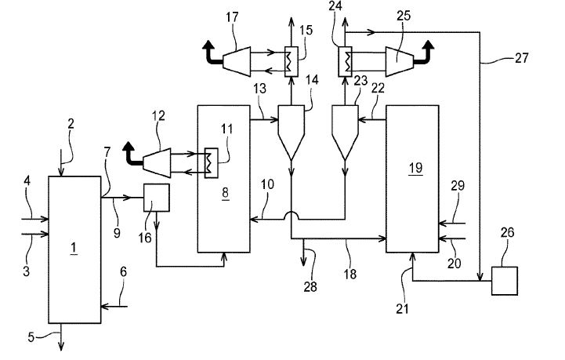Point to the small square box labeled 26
(x=503, y=280)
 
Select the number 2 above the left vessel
(x=71, y=124)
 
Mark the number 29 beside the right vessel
(x=458, y=185)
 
